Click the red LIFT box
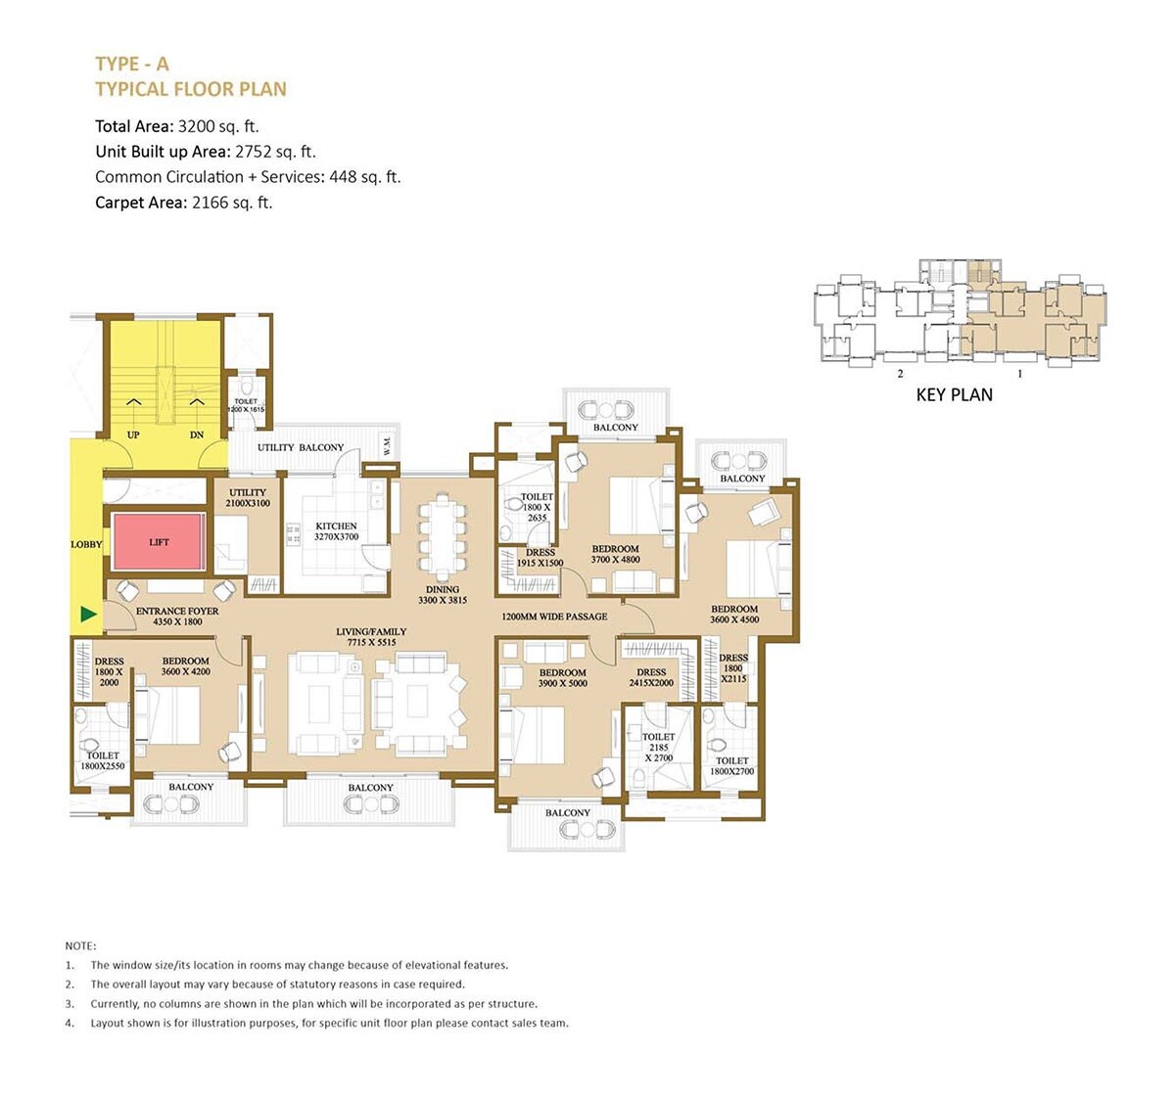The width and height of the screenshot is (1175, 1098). point(159,542)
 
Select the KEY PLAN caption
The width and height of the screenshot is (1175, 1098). point(954,395)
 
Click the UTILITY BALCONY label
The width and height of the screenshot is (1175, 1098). point(301,447)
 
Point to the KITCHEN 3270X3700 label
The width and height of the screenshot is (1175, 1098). point(336,531)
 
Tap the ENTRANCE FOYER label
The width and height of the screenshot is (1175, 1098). point(177,617)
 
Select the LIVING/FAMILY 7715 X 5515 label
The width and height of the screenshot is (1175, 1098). point(371,637)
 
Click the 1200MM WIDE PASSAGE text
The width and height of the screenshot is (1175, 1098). point(554,617)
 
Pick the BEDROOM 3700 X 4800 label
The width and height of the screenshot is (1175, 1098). point(615,554)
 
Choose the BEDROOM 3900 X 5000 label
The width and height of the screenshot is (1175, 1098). point(562,677)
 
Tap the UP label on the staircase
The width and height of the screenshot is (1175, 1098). point(133,435)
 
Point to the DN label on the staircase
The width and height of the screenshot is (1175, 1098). point(197,435)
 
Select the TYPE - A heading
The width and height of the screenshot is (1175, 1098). point(132,64)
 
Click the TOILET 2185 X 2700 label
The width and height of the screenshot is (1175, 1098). point(658,747)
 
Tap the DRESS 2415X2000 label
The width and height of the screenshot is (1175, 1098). point(651,677)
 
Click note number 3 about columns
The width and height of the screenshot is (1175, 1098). point(313,1003)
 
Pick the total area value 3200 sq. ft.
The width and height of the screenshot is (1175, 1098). point(218,126)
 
